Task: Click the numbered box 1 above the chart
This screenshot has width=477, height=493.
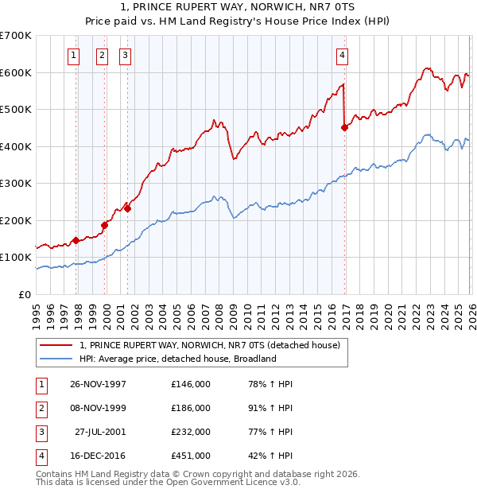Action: [74, 55]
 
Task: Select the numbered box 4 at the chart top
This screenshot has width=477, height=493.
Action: [342, 55]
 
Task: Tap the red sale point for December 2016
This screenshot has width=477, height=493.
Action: [344, 127]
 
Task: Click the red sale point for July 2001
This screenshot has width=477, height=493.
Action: [128, 209]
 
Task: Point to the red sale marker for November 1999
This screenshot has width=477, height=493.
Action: [104, 225]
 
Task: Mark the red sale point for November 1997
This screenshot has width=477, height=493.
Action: [76, 240]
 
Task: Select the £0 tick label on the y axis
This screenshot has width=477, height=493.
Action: [25, 294]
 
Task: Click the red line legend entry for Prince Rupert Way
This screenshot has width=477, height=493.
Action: [210, 345]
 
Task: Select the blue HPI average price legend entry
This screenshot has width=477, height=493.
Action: [177, 359]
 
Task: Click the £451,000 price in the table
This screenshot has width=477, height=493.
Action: [191, 456]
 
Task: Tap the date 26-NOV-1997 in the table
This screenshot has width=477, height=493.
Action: [98, 384]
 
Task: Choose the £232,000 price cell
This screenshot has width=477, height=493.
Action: [191, 432]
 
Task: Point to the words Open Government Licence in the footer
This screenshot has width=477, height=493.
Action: [238, 481]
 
